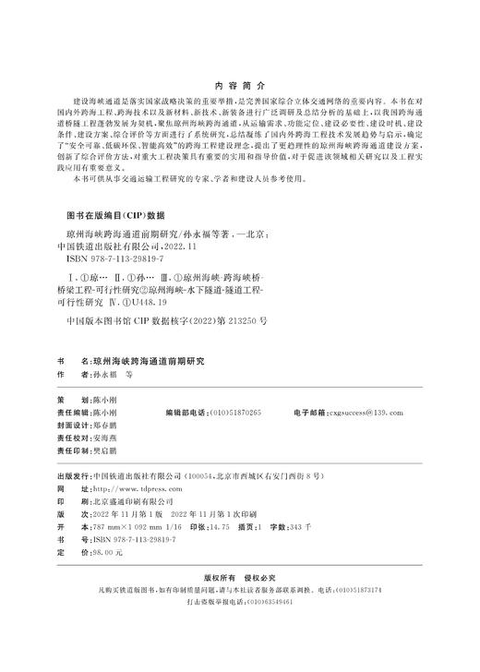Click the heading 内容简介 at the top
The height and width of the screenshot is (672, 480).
(x=239, y=80)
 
